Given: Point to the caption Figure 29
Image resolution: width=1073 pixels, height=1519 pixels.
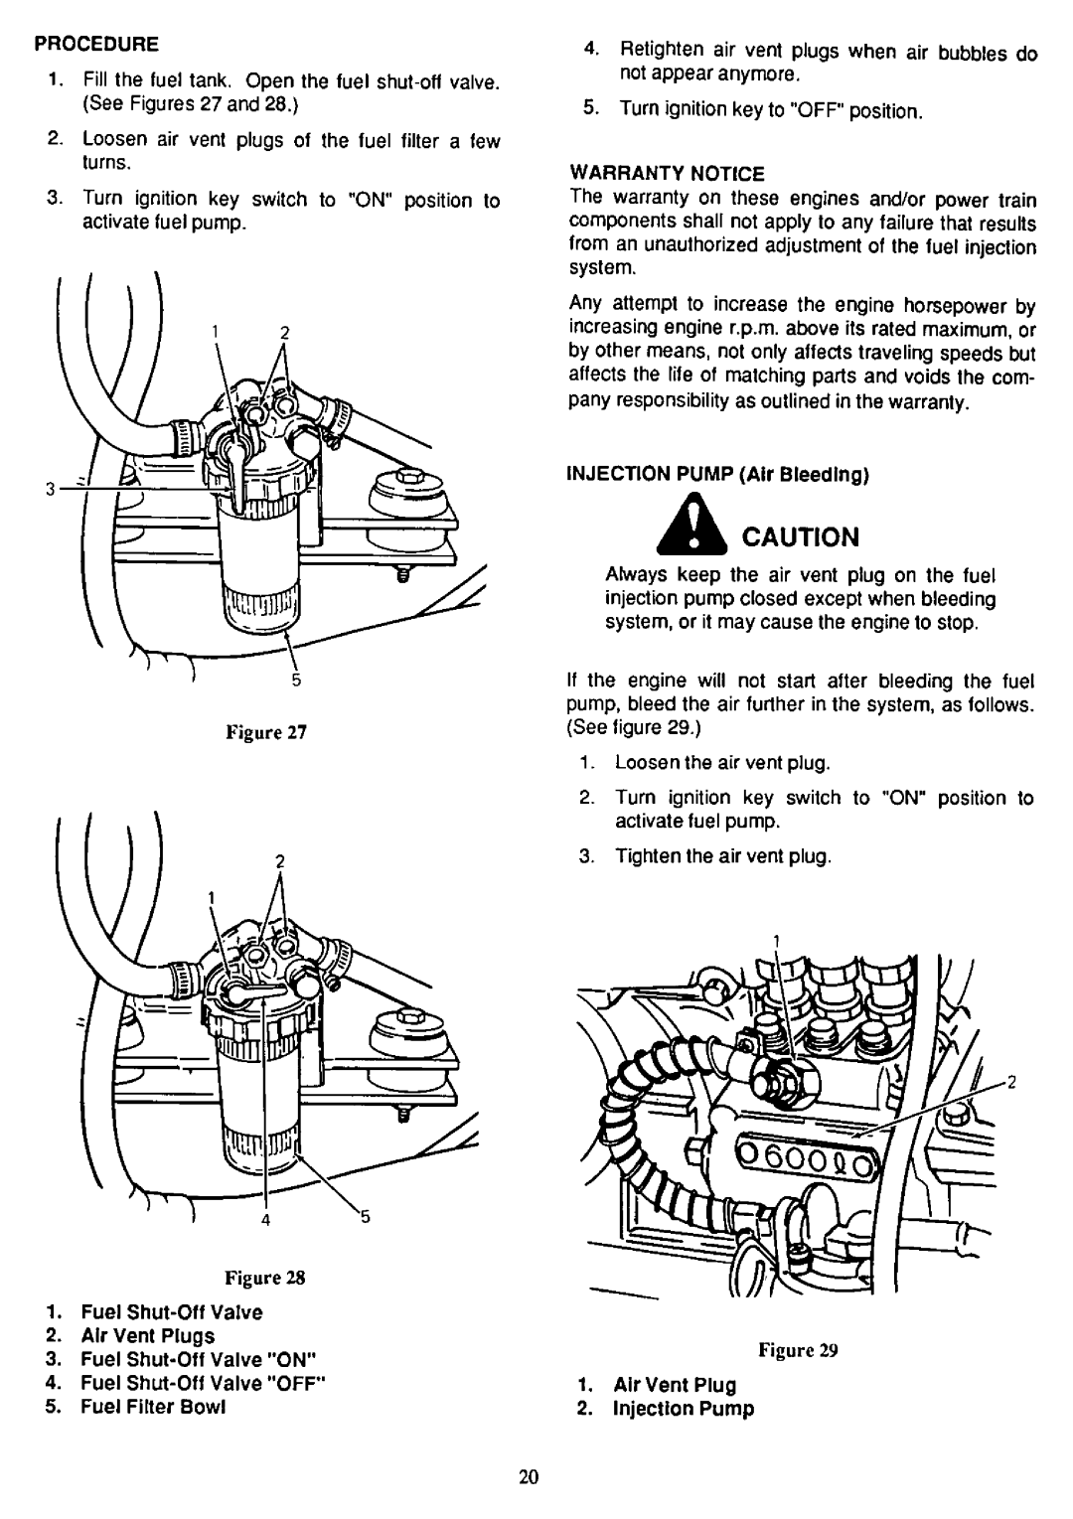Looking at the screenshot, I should pos(814,1352).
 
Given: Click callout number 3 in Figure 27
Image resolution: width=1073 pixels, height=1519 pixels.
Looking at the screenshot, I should pos(47,489).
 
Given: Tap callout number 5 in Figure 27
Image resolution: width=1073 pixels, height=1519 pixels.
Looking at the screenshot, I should pos(295,681).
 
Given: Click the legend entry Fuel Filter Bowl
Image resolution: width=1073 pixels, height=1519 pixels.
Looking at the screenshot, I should pos(141,1408).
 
